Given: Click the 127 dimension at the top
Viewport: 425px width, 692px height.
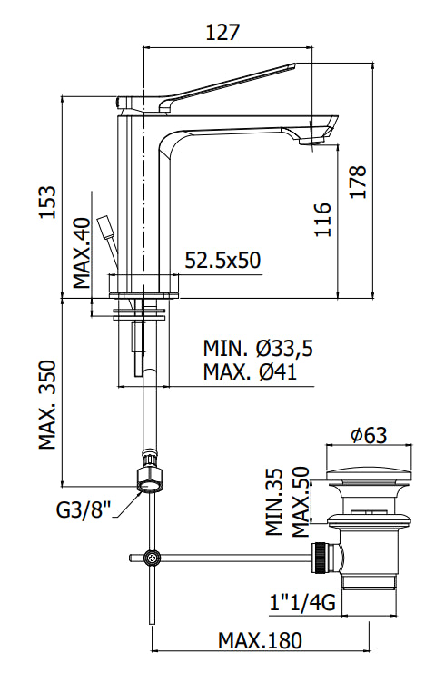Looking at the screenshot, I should click(x=222, y=33).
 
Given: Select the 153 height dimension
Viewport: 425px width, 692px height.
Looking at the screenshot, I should click(x=47, y=202).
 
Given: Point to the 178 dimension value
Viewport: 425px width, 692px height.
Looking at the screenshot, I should click(x=358, y=182).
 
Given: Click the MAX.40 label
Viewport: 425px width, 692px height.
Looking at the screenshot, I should click(x=82, y=252).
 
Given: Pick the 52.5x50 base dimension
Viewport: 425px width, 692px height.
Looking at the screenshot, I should click(x=222, y=261).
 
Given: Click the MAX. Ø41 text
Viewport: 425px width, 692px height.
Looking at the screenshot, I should click(x=250, y=371).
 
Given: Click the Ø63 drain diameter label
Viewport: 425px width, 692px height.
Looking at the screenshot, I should click(x=367, y=435).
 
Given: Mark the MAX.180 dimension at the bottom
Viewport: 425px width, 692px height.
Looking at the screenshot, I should click(x=259, y=640).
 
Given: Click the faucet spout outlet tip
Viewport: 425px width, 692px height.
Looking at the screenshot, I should click(x=312, y=140).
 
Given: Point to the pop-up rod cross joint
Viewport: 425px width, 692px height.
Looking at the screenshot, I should click(x=153, y=557).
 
